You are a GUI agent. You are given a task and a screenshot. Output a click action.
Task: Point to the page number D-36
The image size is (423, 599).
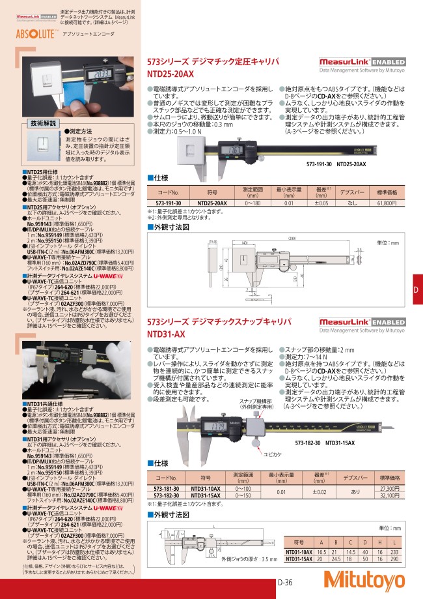(x=289, y=584)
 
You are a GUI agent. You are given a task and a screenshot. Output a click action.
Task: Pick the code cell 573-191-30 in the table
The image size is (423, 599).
(x=168, y=203)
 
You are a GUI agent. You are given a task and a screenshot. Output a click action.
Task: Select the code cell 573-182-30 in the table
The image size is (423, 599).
(x=168, y=496)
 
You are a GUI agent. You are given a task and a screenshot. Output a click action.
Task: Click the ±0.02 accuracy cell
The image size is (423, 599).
(x=319, y=492)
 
